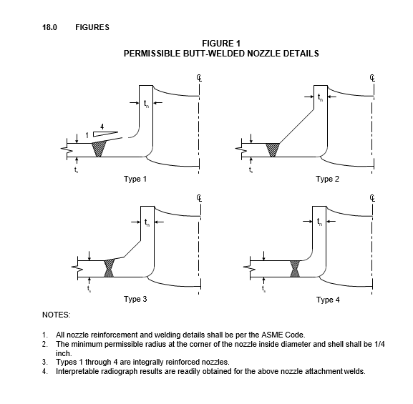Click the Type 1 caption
coord(135,179)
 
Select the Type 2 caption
coord(327,179)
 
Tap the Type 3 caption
coord(135,300)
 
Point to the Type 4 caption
coord(328,300)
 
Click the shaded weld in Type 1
coord(99,148)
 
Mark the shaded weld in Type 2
coord(273,149)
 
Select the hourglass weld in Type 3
coord(109,268)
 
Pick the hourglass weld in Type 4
coord(295,269)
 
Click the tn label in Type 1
coord(146,104)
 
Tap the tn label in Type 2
coord(320,97)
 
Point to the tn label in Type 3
coord(147,222)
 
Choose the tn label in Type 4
coord(319,222)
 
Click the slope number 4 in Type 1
coord(102,127)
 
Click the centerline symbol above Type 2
coord(372,78)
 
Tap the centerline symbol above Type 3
coord(200,198)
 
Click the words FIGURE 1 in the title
coord(221,44)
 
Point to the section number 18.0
coord(49,27)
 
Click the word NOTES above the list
coord(57,315)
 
